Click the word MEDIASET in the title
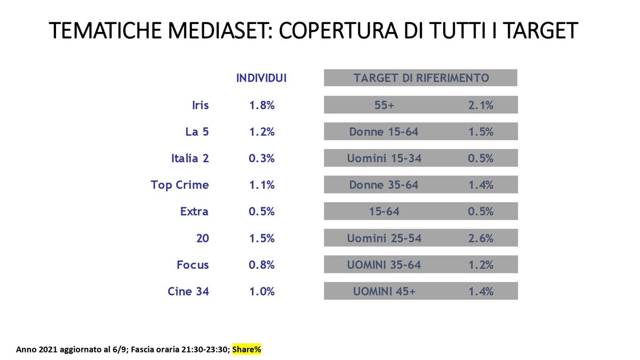(x=218, y=30)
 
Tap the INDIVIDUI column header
(x=261, y=78)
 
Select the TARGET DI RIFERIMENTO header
(x=421, y=78)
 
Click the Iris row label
(x=201, y=105)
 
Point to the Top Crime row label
(x=180, y=185)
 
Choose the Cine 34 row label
(x=188, y=291)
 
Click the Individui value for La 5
(x=262, y=132)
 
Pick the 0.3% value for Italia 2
(x=261, y=158)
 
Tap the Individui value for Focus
(x=261, y=265)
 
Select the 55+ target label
(x=384, y=105)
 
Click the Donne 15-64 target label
(x=383, y=132)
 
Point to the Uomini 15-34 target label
(x=384, y=158)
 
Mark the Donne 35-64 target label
(x=383, y=185)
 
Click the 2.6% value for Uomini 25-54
(x=481, y=238)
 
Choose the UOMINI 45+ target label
(x=384, y=291)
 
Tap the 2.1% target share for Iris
(x=481, y=105)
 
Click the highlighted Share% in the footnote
(x=246, y=349)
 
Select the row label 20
(x=202, y=238)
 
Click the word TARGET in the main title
(x=540, y=30)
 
